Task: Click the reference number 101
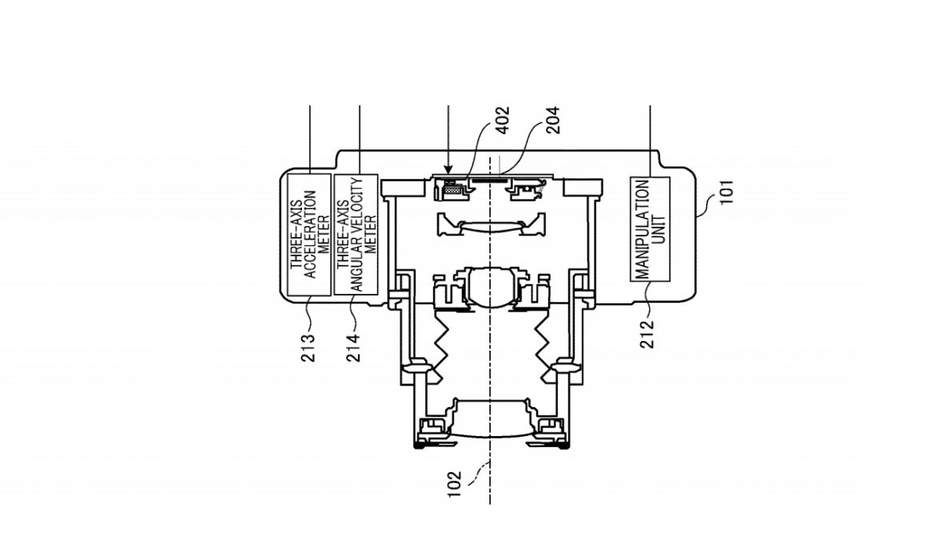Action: click(x=727, y=192)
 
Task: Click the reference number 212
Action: click(x=647, y=334)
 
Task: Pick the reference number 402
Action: click(x=502, y=120)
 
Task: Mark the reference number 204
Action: click(x=551, y=120)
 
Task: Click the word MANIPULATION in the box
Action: click(x=643, y=229)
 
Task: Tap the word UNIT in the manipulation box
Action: click(x=659, y=229)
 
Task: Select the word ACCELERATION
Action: click(x=310, y=235)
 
